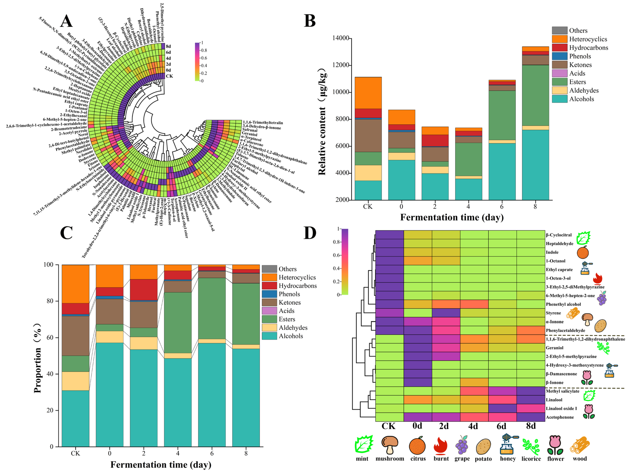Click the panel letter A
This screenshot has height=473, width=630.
point(66,21)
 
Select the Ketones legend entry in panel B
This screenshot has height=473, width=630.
point(580,65)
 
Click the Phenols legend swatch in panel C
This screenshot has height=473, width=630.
point(269,294)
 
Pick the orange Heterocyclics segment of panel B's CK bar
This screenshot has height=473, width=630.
point(368,93)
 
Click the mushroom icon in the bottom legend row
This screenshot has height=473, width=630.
point(390,445)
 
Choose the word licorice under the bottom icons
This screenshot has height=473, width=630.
point(531,459)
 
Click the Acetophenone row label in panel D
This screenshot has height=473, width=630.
point(560,417)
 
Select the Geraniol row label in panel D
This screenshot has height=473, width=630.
point(554,348)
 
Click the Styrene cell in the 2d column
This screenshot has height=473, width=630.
point(446,313)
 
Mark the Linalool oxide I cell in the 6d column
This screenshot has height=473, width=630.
point(502,408)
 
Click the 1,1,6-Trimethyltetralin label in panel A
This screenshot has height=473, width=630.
point(263,122)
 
